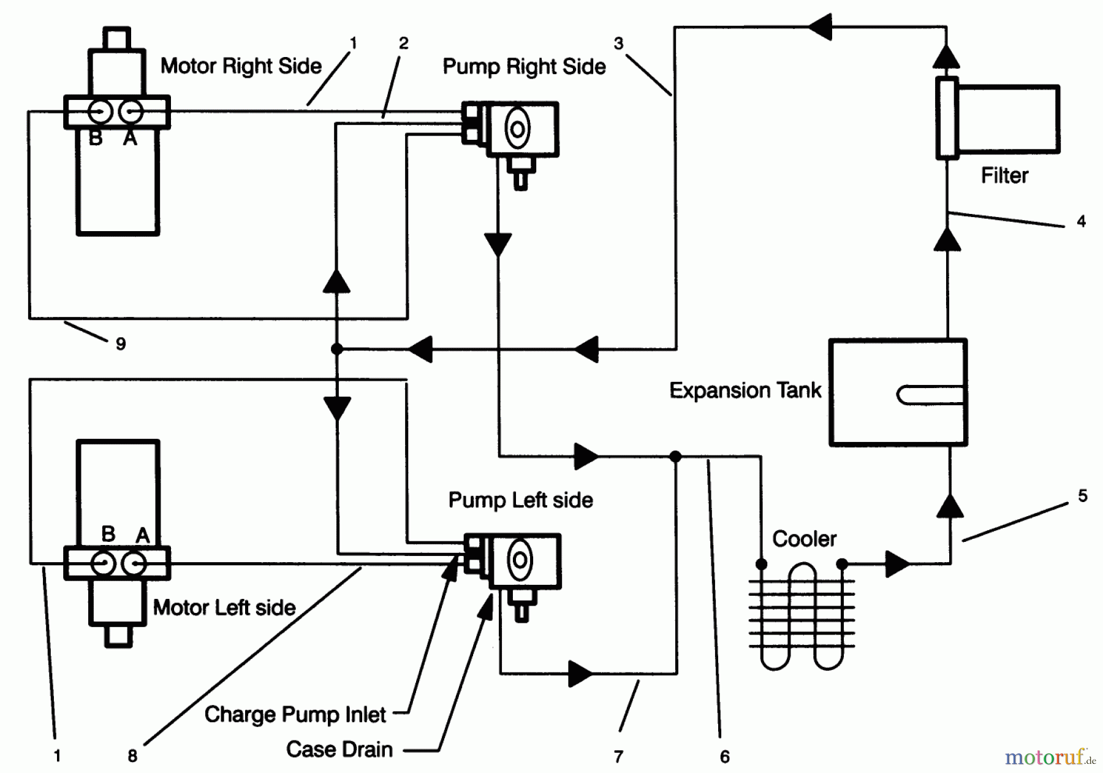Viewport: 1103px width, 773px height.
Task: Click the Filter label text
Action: coord(1004,176)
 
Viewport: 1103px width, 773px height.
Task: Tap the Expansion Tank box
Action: coord(898,392)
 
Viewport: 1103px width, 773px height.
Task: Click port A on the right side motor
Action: coord(131,112)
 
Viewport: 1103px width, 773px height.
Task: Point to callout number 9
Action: coord(121,344)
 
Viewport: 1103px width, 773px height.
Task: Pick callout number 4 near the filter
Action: coord(1081,221)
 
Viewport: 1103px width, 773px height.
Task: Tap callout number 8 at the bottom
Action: coord(132,756)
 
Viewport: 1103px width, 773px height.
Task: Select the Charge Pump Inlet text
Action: coord(295,715)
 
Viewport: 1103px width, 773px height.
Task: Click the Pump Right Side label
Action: coord(524,67)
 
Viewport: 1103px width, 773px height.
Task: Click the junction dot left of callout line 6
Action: coord(675,457)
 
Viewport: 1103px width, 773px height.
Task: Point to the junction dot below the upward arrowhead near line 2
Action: coord(336,349)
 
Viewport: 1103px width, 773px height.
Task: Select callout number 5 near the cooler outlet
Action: coord(1082,496)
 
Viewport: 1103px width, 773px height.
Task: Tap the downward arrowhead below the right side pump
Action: coord(498,244)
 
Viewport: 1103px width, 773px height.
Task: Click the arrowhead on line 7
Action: coord(580,674)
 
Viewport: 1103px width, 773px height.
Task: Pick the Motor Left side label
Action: coord(224,608)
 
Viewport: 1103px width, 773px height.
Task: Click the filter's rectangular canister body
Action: coord(1008,119)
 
